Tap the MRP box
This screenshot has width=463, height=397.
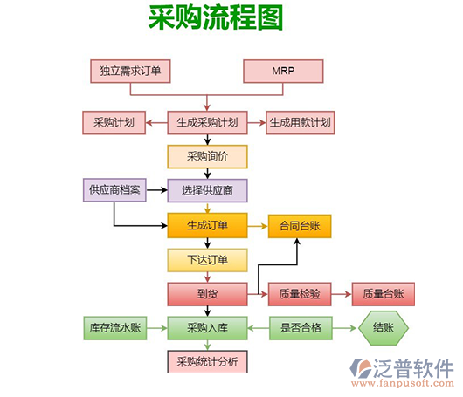(282, 71)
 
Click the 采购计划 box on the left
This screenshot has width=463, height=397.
(114, 122)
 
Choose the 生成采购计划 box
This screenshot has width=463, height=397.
(207, 122)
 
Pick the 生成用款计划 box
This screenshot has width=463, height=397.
(300, 122)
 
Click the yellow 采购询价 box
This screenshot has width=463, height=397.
(207, 156)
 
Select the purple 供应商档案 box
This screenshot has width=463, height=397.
(114, 190)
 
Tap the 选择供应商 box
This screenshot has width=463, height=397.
(207, 190)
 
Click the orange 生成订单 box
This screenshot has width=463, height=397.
(207, 225)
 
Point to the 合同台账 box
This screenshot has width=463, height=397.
(300, 225)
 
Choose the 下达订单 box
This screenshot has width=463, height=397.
(207, 259)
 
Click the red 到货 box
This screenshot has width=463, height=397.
(207, 294)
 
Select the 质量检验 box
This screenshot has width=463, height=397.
(300, 294)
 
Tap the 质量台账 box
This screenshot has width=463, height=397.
(383, 294)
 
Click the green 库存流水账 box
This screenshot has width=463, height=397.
(114, 328)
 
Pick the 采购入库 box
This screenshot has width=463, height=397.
(207, 328)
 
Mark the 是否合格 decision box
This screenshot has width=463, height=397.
(300, 328)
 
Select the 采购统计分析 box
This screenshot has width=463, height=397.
(207, 361)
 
